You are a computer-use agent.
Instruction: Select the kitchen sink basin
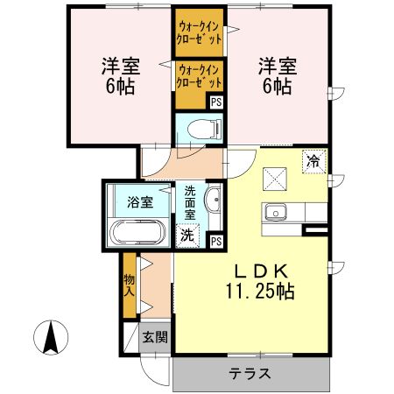click(x=277, y=214)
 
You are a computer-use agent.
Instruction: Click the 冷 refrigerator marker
click(x=313, y=160)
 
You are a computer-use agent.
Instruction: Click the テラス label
click(x=250, y=374)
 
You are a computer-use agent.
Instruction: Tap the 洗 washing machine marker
click(x=187, y=234)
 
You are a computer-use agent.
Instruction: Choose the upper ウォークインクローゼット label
click(x=198, y=33)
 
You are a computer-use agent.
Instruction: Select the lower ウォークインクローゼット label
click(x=198, y=75)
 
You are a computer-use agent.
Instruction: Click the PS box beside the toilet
click(x=215, y=101)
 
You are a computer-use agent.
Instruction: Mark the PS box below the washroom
click(x=215, y=241)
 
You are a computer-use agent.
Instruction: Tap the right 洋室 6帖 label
click(x=275, y=75)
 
